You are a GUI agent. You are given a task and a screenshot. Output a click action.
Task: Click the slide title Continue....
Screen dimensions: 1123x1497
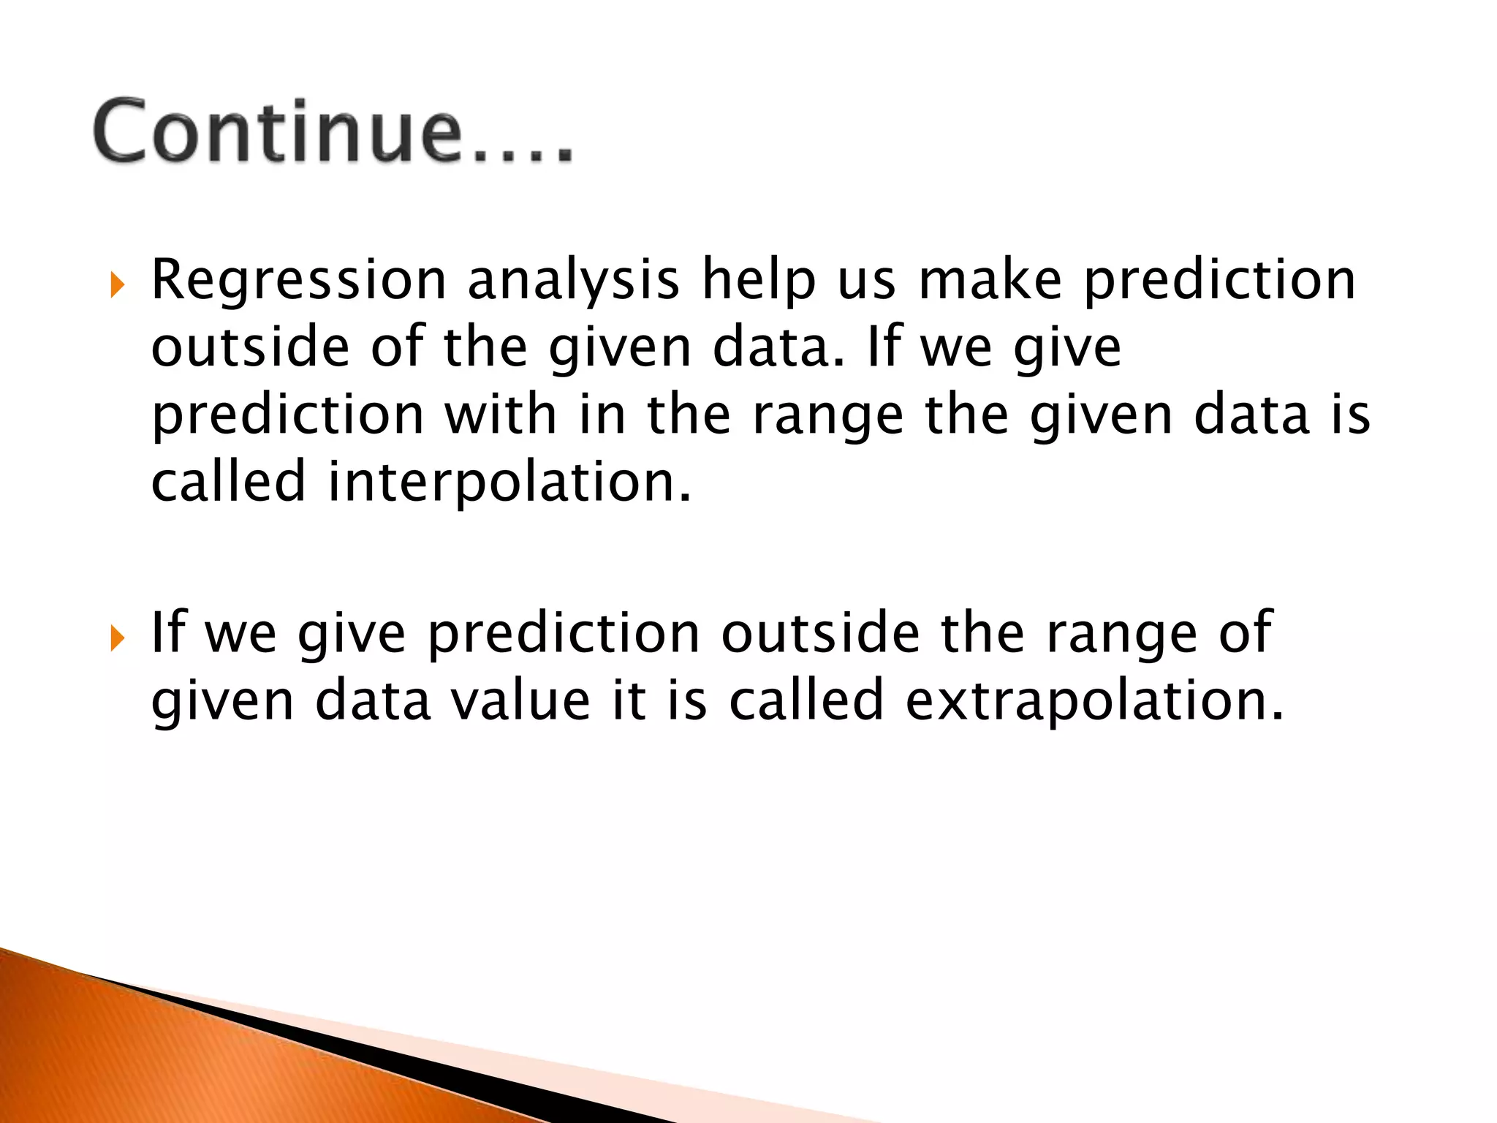click(333, 132)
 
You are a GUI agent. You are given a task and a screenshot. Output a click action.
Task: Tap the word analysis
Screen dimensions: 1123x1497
click(573, 281)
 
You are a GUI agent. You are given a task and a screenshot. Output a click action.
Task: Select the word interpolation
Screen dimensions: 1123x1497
click(509, 483)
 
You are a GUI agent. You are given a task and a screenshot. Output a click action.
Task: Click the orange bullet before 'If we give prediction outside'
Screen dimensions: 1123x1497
click(117, 638)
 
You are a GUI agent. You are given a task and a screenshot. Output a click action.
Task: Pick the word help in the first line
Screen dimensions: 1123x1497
click(758, 281)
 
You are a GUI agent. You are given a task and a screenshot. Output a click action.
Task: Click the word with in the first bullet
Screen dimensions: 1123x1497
click(500, 415)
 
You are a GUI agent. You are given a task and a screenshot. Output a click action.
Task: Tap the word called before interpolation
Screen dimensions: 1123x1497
click(228, 483)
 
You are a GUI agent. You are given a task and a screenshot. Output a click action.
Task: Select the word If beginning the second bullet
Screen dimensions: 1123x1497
click(167, 632)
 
